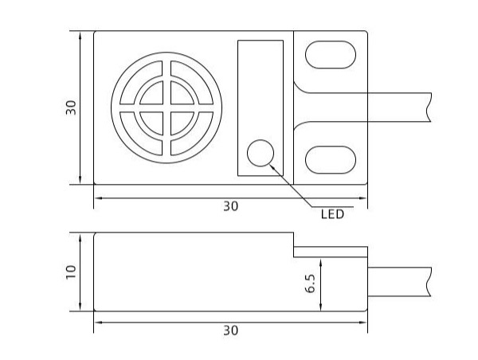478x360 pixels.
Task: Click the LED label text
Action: click(332, 214)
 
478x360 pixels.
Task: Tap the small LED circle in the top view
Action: click(261, 153)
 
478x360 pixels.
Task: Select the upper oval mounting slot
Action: click(331, 55)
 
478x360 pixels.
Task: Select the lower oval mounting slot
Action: click(331, 160)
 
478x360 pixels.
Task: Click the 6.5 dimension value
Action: click(311, 284)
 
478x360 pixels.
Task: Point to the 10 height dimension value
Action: click(71, 272)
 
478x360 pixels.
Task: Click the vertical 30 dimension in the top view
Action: click(71, 108)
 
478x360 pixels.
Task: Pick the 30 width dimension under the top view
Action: click(231, 206)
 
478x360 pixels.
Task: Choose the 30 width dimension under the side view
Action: click(231, 331)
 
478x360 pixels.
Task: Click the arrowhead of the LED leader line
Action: click(272, 166)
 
